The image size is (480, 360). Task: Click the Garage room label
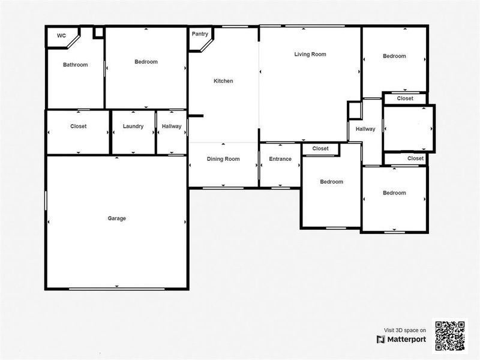pos(116,218)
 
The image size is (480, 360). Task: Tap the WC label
pos(61,36)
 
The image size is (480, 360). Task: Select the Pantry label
pos(200,34)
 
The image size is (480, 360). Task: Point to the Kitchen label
pos(223,81)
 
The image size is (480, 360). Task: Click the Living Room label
pos(310,54)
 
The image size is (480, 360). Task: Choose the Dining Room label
pos(223,159)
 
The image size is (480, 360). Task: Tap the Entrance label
pos(280,159)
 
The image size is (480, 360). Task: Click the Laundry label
pos(133,127)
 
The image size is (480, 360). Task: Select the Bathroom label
pos(76,65)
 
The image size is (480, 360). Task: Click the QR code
pos(449,336)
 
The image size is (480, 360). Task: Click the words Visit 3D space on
pos(405,329)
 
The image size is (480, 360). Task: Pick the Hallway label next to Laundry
pos(171,127)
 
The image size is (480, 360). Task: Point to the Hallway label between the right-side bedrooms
pos(365,129)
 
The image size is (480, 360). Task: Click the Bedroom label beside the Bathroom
pos(146,62)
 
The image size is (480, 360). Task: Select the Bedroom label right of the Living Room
pos(394,56)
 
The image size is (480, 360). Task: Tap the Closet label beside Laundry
pos(78,127)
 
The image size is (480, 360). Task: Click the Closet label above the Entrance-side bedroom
pos(320,149)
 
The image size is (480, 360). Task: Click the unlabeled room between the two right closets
pos(408,128)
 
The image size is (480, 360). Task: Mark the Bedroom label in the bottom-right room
pos(394,193)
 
